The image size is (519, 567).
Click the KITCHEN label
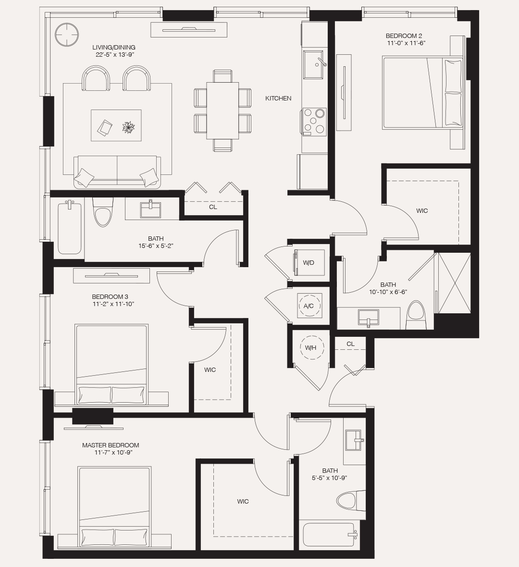(278, 99)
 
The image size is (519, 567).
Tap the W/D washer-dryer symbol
(309, 262)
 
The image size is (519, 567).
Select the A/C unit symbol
(309, 305)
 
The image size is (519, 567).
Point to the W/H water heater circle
(310, 347)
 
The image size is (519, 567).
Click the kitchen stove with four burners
(314, 122)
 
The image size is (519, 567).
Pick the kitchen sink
(314, 63)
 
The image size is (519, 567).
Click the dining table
(222, 111)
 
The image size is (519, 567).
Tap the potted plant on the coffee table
(128, 127)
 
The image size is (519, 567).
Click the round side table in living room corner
(66, 35)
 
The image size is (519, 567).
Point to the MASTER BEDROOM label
(111, 445)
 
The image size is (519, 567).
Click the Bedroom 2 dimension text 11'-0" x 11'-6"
(406, 43)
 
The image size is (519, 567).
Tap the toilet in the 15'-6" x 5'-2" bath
(103, 213)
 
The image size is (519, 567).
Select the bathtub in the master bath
(329, 534)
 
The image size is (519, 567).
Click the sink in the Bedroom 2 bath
(368, 318)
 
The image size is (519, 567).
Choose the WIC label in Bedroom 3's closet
(210, 370)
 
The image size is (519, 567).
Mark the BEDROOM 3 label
(110, 297)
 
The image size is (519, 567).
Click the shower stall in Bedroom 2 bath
(454, 283)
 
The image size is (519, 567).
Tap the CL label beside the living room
(213, 207)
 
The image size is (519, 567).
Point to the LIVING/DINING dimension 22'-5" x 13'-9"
(114, 55)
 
